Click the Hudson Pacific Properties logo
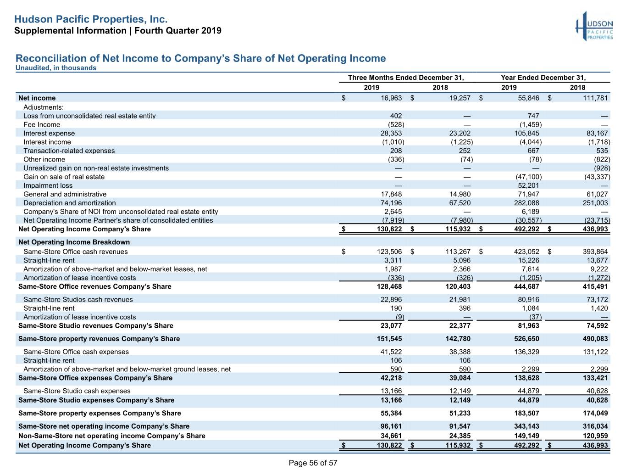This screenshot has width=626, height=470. [x=594, y=26]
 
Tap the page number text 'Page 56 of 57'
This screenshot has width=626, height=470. [x=313, y=463]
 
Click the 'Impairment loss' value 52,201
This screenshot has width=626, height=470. [x=528, y=185]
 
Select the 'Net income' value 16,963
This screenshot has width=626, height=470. [x=391, y=98]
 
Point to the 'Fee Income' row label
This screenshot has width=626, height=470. [x=42, y=124]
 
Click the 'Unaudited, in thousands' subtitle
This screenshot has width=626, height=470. [x=56, y=68]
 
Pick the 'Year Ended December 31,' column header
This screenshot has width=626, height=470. [x=543, y=77]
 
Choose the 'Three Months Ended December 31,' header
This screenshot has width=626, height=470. [x=406, y=77]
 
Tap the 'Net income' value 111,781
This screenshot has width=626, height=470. [x=595, y=98]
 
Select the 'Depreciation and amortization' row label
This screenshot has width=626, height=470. [x=70, y=203]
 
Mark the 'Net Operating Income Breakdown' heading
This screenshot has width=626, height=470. [x=74, y=242]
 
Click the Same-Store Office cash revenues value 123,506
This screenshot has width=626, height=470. [x=389, y=252]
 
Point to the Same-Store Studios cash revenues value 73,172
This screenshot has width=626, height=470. [x=597, y=299]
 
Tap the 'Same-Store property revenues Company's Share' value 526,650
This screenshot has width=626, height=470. [x=526, y=339]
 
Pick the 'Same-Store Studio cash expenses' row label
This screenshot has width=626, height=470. [x=77, y=391]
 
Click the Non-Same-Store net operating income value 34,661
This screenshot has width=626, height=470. [x=391, y=436]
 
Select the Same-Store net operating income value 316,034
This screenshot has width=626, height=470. [x=595, y=426]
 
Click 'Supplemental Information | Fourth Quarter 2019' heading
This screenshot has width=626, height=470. [x=118, y=31]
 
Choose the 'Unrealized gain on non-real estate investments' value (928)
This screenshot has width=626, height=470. [x=602, y=168]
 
